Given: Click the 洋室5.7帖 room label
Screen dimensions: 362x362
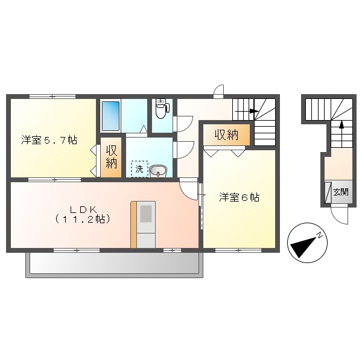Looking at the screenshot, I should pos(49,141).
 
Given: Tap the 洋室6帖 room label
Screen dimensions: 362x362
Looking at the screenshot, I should pos(240,197).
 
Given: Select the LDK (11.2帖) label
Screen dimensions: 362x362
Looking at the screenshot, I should pos(83,214).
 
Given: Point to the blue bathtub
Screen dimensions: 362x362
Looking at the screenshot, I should pos(110,115).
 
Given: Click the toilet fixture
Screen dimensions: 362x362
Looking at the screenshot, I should pos(160,109).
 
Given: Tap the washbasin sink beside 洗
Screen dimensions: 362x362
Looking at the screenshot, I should pos(158,171).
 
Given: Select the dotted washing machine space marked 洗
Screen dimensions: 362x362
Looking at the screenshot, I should pos(139,169).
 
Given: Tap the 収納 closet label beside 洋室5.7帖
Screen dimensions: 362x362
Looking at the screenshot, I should pos(112,156).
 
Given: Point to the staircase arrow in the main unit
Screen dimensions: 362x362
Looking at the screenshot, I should pos(253,112).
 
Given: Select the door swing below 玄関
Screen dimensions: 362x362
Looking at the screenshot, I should pos(340,212).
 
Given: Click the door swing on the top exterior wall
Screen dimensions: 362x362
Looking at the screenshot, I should pos(218,91).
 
